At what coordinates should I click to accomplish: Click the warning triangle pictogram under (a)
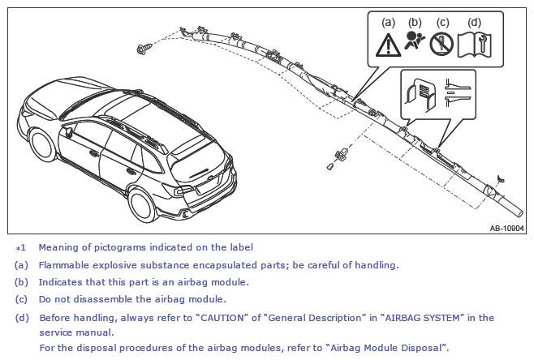tap(388, 45)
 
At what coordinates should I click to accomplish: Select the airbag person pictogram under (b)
tap(415, 41)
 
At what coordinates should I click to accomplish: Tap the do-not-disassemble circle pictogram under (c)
tap(441, 45)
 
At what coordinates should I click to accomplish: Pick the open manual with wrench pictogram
tap(475, 45)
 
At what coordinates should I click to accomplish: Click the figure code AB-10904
tap(506, 229)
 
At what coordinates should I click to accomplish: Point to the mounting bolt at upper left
tap(144, 49)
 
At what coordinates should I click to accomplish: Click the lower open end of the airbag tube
tap(519, 213)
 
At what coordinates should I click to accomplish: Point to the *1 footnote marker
tap(21, 248)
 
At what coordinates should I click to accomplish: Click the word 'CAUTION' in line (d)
tap(222, 318)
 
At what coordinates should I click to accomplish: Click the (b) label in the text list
tap(21, 282)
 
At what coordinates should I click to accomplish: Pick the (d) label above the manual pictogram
tap(474, 23)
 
